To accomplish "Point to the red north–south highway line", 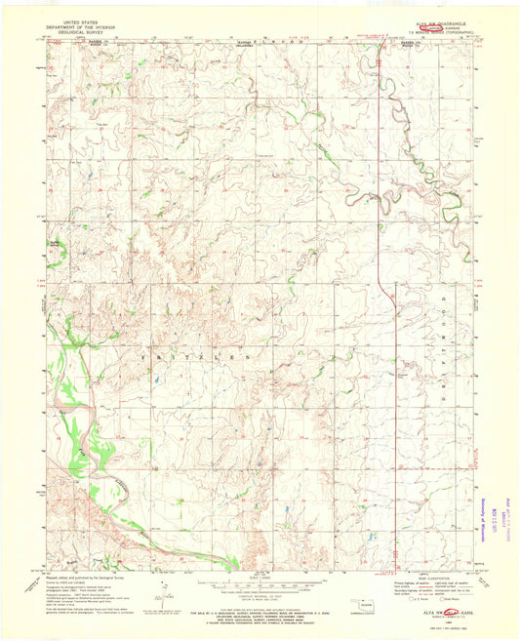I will [379, 195].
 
